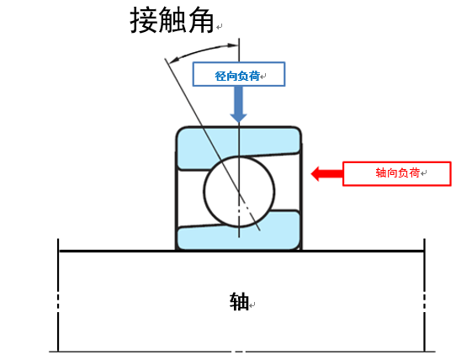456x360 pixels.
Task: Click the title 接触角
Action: tap(172, 20)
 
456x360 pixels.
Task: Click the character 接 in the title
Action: tap(144, 20)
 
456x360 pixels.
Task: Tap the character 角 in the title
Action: tap(201, 20)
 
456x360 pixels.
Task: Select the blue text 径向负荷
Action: tap(237, 76)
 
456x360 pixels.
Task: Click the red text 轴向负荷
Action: tap(398, 172)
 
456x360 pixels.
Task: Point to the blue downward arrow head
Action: tap(238, 118)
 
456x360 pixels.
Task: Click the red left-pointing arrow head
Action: tap(315, 173)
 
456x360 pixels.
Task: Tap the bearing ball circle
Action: tap(204, 191)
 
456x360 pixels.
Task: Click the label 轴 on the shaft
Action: tap(239, 302)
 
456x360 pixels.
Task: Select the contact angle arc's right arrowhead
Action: tap(233, 45)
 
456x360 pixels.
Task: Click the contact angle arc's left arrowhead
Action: tap(173, 60)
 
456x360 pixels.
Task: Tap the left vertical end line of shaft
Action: tap(58, 295)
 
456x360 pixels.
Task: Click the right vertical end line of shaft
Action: tap(424, 295)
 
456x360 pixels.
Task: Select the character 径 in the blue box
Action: tap(220, 76)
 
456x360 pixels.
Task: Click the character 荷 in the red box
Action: tap(415, 172)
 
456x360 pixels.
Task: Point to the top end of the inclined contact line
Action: tap(165, 59)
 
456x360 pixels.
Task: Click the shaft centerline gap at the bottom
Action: tap(239, 352)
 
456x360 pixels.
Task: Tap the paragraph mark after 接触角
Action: tap(220, 27)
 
